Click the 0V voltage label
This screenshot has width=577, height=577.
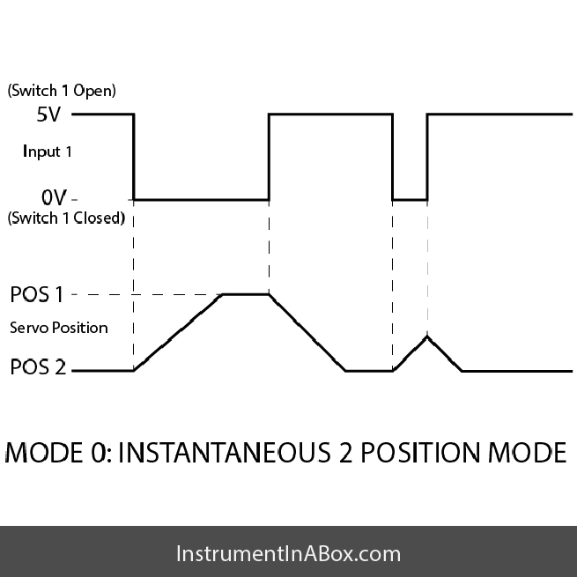point(49,197)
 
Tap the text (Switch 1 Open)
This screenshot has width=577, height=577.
point(62,91)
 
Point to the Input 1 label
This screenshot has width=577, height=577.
point(48,152)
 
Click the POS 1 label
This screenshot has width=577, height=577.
point(37,294)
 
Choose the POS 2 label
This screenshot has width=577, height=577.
point(38,367)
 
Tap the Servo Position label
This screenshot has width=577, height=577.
point(59,328)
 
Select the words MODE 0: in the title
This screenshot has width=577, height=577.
point(58,453)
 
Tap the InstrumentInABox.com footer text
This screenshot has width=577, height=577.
point(288,554)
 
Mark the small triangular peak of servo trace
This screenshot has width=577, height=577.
point(427,336)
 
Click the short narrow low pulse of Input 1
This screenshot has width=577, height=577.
point(410,199)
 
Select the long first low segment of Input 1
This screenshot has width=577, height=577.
point(201,199)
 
